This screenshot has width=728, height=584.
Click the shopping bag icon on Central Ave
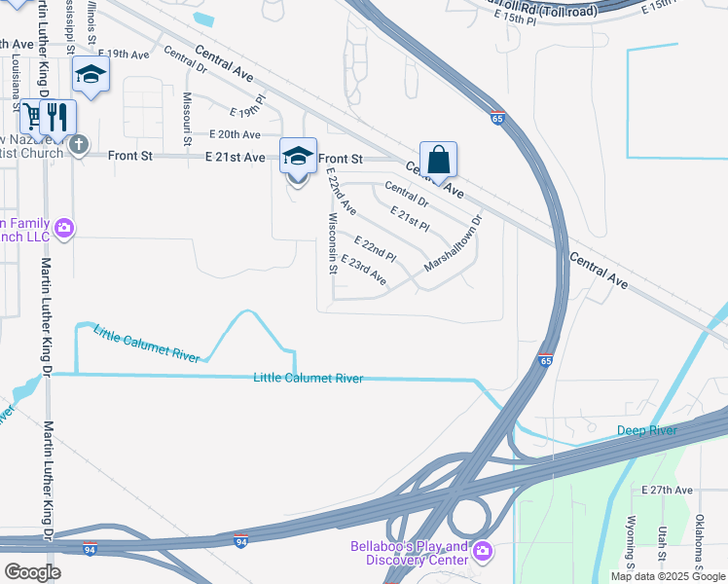tap(438, 160)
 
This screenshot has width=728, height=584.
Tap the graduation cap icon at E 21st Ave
tap(298, 156)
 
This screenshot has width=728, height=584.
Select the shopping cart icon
tap(32, 117)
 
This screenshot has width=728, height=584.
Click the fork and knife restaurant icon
tap(57, 117)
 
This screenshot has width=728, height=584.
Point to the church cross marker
tap(79, 146)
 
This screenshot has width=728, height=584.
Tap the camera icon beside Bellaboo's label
tap(483, 553)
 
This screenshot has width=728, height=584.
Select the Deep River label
tap(646, 430)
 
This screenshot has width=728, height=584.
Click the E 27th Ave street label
tap(667, 490)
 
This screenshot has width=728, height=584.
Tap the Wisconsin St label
tap(333, 243)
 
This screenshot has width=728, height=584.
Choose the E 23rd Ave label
tap(364, 271)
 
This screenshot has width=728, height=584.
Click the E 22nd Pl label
tap(375, 248)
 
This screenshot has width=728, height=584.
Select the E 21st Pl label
tap(410, 219)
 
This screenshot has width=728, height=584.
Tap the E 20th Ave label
tap(235, 134)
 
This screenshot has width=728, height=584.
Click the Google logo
tap(31, 571)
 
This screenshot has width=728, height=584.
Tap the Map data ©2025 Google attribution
tap(667, 576)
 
